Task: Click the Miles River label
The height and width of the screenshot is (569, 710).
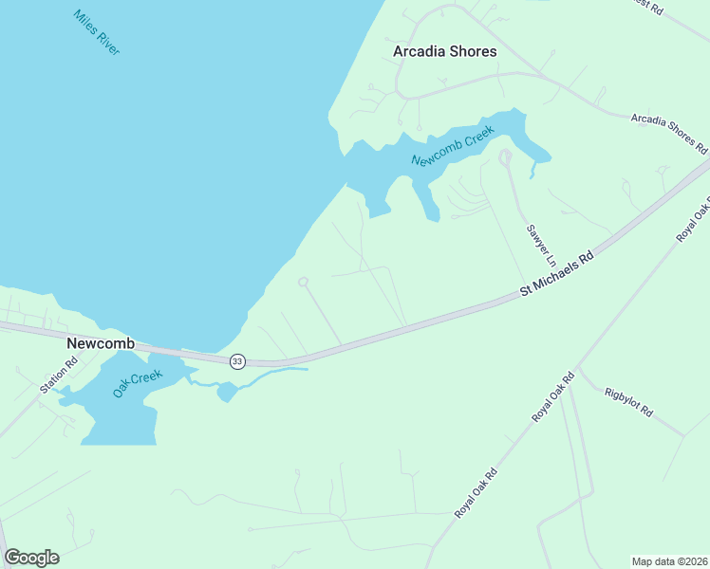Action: click(x=96, y=32)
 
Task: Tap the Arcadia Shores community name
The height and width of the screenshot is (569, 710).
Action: click(x=444, y=51)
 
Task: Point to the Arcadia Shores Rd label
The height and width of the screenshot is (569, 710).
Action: click(x=669, y=133)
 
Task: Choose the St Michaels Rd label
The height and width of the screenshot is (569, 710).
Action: click(x=556, y=276)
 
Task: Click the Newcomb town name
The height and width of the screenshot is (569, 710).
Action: click(x=100, y=342)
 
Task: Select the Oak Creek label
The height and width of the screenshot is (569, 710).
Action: click(x=138, y=383)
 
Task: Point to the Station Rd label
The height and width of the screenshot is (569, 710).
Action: click(x=56, y=376)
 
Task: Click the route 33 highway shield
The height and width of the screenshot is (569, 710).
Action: click(x=237, y=361)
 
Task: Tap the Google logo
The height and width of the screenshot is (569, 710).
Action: click(x=31, y=557)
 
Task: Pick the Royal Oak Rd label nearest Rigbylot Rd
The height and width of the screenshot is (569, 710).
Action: click(x=553, y=397)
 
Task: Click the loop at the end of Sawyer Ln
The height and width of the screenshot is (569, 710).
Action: click(x=505, y=156)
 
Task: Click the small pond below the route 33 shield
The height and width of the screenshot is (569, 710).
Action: click(x=226, y=391)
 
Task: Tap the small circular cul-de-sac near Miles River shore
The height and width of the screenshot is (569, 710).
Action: click(x=303, y=282)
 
